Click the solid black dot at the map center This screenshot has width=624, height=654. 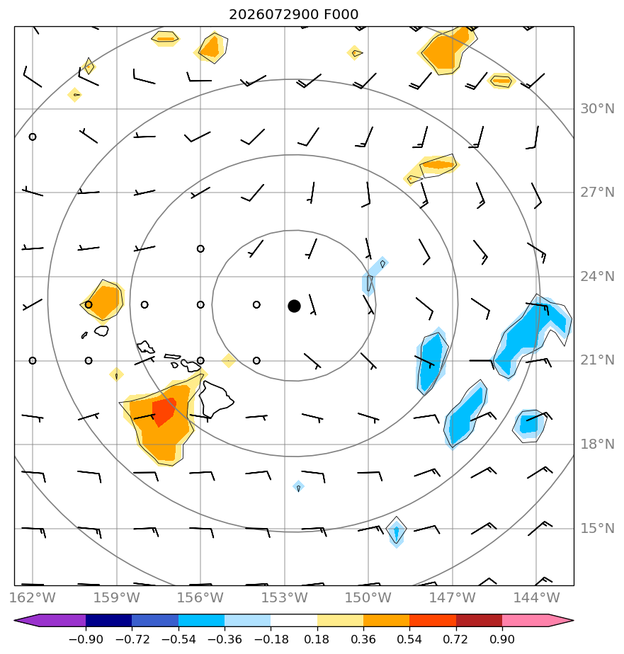click(294, 306)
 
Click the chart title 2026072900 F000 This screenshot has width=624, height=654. click(293, 15)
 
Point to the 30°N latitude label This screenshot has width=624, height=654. click(597, 109)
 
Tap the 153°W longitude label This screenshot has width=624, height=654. click(285, 597)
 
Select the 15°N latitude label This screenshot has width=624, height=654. click(597, 529)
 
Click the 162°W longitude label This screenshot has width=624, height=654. click(33, 597)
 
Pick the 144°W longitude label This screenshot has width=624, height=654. click(536, 597)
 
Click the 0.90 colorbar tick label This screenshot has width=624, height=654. click(501, 639)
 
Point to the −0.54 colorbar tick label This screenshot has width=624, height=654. click(178, 639)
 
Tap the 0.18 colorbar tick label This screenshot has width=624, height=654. click(317, 639)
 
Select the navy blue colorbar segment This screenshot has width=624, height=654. click(109, 620)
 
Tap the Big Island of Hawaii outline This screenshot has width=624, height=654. click(215, 399)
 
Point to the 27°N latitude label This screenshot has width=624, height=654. click(597, 193)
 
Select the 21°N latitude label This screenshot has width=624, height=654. click(597, 360)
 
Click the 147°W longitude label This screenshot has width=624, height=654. click(453, 597)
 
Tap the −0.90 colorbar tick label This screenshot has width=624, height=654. click(86, 639)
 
